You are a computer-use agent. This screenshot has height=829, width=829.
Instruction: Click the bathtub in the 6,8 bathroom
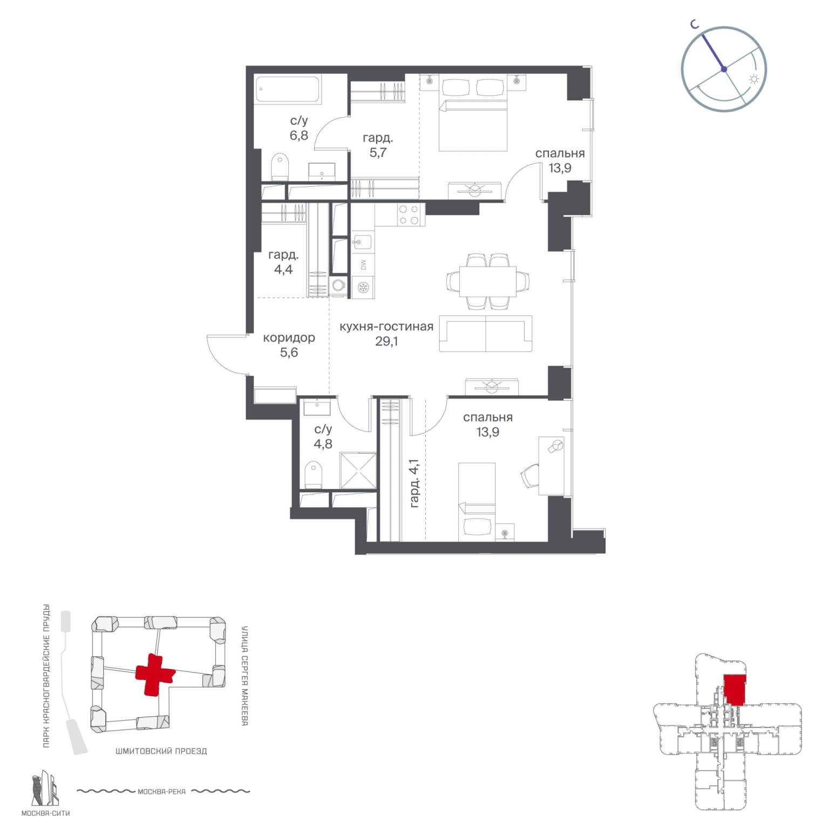pos(289,89)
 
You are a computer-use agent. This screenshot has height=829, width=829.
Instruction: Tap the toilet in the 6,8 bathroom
pos(280,167)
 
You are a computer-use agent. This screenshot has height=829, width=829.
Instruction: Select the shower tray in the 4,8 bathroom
pos(358,470)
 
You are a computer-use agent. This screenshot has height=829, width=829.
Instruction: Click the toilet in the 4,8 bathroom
pos(313,475)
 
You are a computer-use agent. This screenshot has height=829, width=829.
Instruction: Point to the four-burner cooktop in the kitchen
pos(408,215)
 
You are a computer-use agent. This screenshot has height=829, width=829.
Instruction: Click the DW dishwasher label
pos(363,265)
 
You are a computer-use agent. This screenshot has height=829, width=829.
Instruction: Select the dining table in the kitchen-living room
pos(488,281)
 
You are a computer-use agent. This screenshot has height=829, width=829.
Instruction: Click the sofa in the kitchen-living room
pos(486,334)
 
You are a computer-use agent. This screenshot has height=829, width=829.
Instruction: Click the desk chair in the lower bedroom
pos(530,475)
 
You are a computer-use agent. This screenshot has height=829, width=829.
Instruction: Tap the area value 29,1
pos(386,341)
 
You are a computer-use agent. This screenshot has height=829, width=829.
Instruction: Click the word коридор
pos(289,338)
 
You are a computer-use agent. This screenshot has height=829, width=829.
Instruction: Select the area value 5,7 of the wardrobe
pos(378,153)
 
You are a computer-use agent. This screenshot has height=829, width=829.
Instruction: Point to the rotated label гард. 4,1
pos(414,483)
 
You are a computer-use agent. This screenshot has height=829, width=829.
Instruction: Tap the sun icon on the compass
pos(753,79)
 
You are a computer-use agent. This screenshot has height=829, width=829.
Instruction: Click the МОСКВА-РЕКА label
pos(161,792)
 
